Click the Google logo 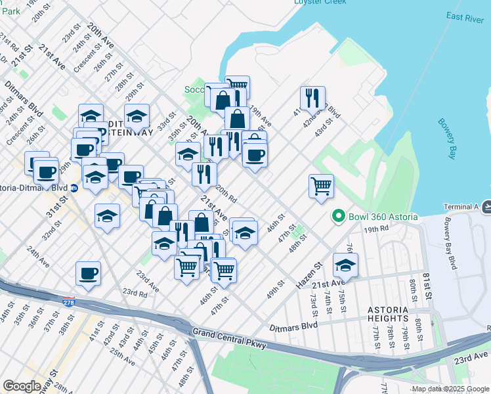(x=22, y=386)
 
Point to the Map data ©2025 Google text (x=450, y=389)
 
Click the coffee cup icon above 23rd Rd (x=88, y=273)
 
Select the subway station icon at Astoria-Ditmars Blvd (x=74, y=187)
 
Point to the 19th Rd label (x=377, y=229)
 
